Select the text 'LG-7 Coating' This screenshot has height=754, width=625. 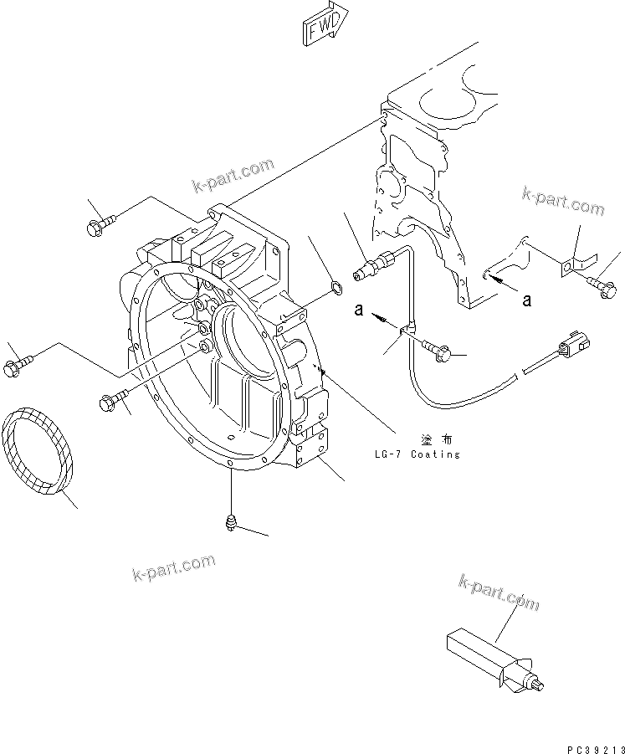(418, 454)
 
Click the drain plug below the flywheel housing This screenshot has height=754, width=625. (231, 522)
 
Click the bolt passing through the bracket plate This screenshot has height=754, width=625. (605, 289)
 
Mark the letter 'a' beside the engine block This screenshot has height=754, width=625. (526, 300)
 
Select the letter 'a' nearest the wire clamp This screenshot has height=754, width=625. (358, 310)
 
